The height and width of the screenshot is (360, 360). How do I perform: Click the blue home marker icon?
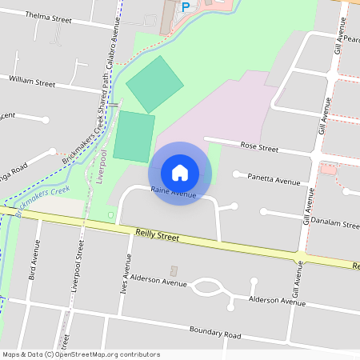[180, 173]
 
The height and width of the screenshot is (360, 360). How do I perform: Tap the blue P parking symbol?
[186, 7]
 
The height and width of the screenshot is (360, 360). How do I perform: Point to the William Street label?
[32, 82]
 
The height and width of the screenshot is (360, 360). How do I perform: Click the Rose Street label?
[259, 148]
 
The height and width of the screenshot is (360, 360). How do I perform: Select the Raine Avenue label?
[174, 194]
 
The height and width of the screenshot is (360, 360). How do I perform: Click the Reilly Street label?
[155, 237]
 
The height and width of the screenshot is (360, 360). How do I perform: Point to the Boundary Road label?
[214, 333]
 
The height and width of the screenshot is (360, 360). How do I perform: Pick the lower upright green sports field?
[134, 137]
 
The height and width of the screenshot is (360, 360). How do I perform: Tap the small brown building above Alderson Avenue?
[174, 271]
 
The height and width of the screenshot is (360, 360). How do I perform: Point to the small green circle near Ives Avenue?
[110, 214]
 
